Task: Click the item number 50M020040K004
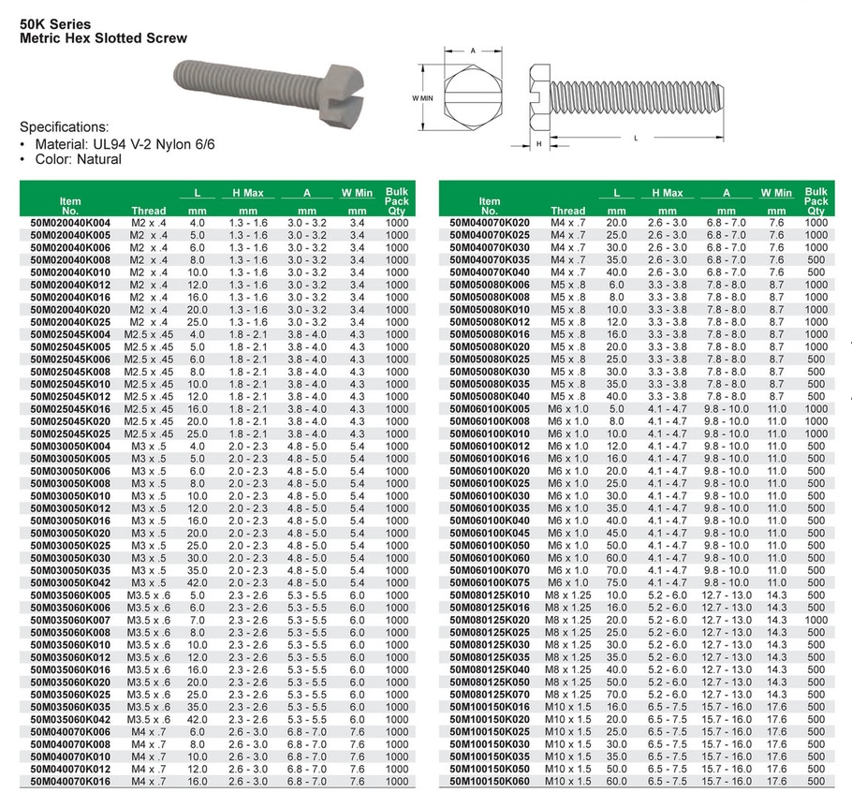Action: point(70,223)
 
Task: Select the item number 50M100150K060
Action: point(490,780)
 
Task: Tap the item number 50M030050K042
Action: point(70,582)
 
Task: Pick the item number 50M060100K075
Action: point(490,582)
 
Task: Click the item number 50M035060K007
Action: point(70,620)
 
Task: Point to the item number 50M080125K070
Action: point(490,694)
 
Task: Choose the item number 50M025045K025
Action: point(70,434)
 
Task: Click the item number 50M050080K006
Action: point(490,285)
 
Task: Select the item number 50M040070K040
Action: point(490,272)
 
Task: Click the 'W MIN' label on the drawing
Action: point(422,96)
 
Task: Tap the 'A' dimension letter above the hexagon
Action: point(474,50)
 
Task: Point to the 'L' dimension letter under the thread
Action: point(637,138)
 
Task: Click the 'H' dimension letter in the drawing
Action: point(538,143)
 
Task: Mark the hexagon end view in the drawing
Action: point(474,96)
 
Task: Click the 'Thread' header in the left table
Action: point(149,211)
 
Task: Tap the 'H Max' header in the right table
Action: point(667,193)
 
